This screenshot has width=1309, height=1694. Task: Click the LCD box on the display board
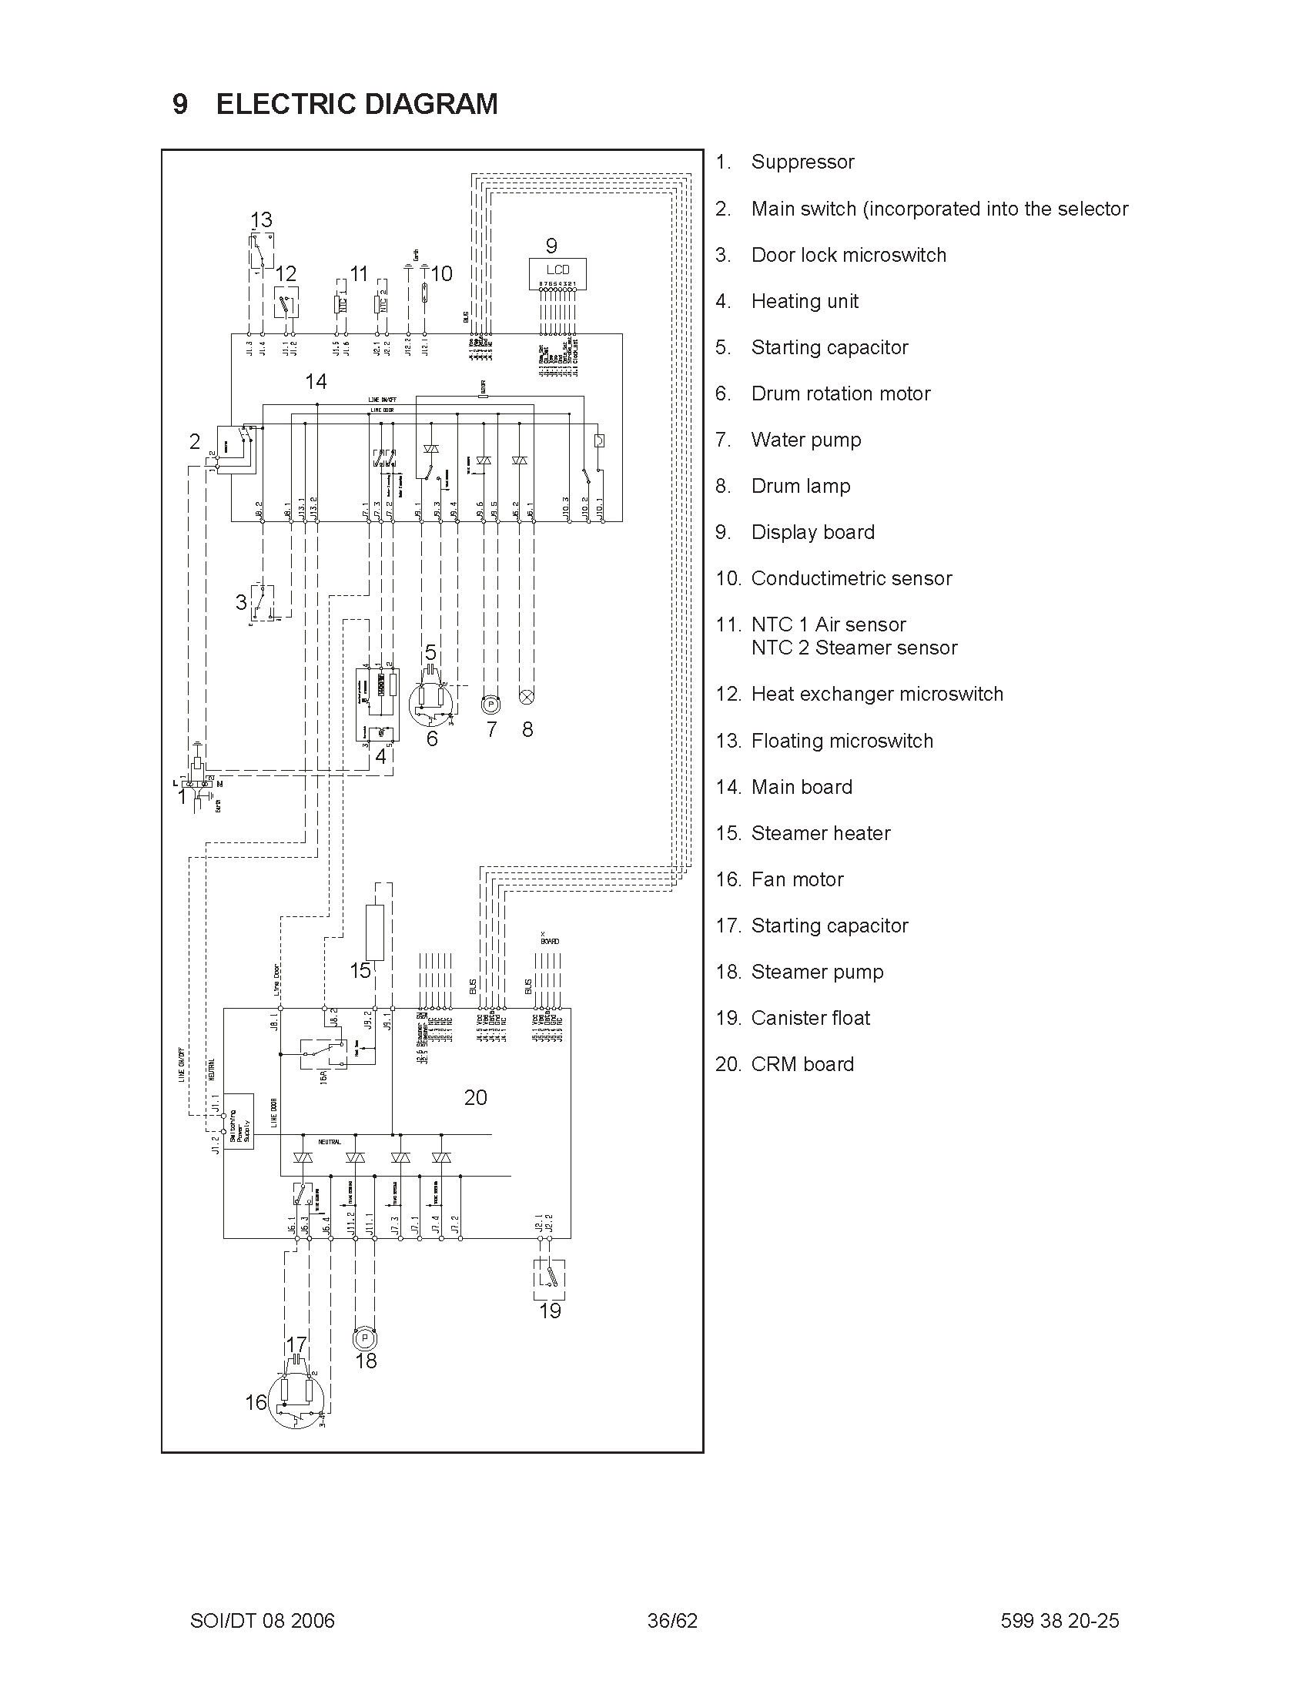pyautogui.click(x=557, y=271)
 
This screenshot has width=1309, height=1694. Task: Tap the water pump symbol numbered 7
pyautogui.click(x=490, y=705)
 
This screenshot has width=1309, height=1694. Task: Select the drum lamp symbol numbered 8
pyautogui.click(x=527, y=696)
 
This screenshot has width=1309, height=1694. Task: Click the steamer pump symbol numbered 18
pyautogui.click(x=365, y=1338)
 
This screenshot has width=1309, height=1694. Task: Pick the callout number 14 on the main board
pyautogui.click(x=316, y=382)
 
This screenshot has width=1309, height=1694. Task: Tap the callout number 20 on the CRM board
pyautogui.click(x=475, y=1097)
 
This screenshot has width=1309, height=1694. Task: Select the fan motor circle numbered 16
pyautogui.click(x=297, y=1401)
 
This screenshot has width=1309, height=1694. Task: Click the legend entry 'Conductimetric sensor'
pyautogui.click(x=851, y=578)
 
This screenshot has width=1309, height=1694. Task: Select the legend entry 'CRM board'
pyautogui.click(x=802, y=1064)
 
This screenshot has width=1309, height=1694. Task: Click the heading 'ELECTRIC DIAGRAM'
pyautogui.click(x=357, y=104)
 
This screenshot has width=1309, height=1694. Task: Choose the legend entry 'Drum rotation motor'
pyautogui.click(x=840, y=394)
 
